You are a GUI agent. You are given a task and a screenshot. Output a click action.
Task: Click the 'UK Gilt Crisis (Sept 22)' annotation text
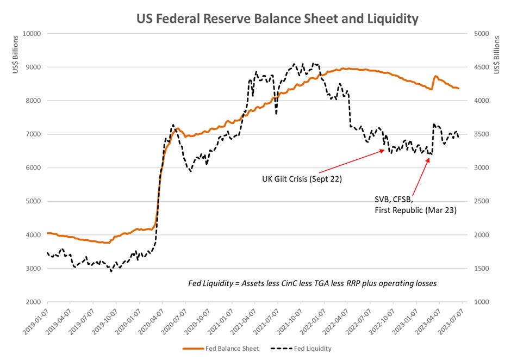point(301,178)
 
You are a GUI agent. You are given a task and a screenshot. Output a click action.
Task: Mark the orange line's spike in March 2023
point(435,77)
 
